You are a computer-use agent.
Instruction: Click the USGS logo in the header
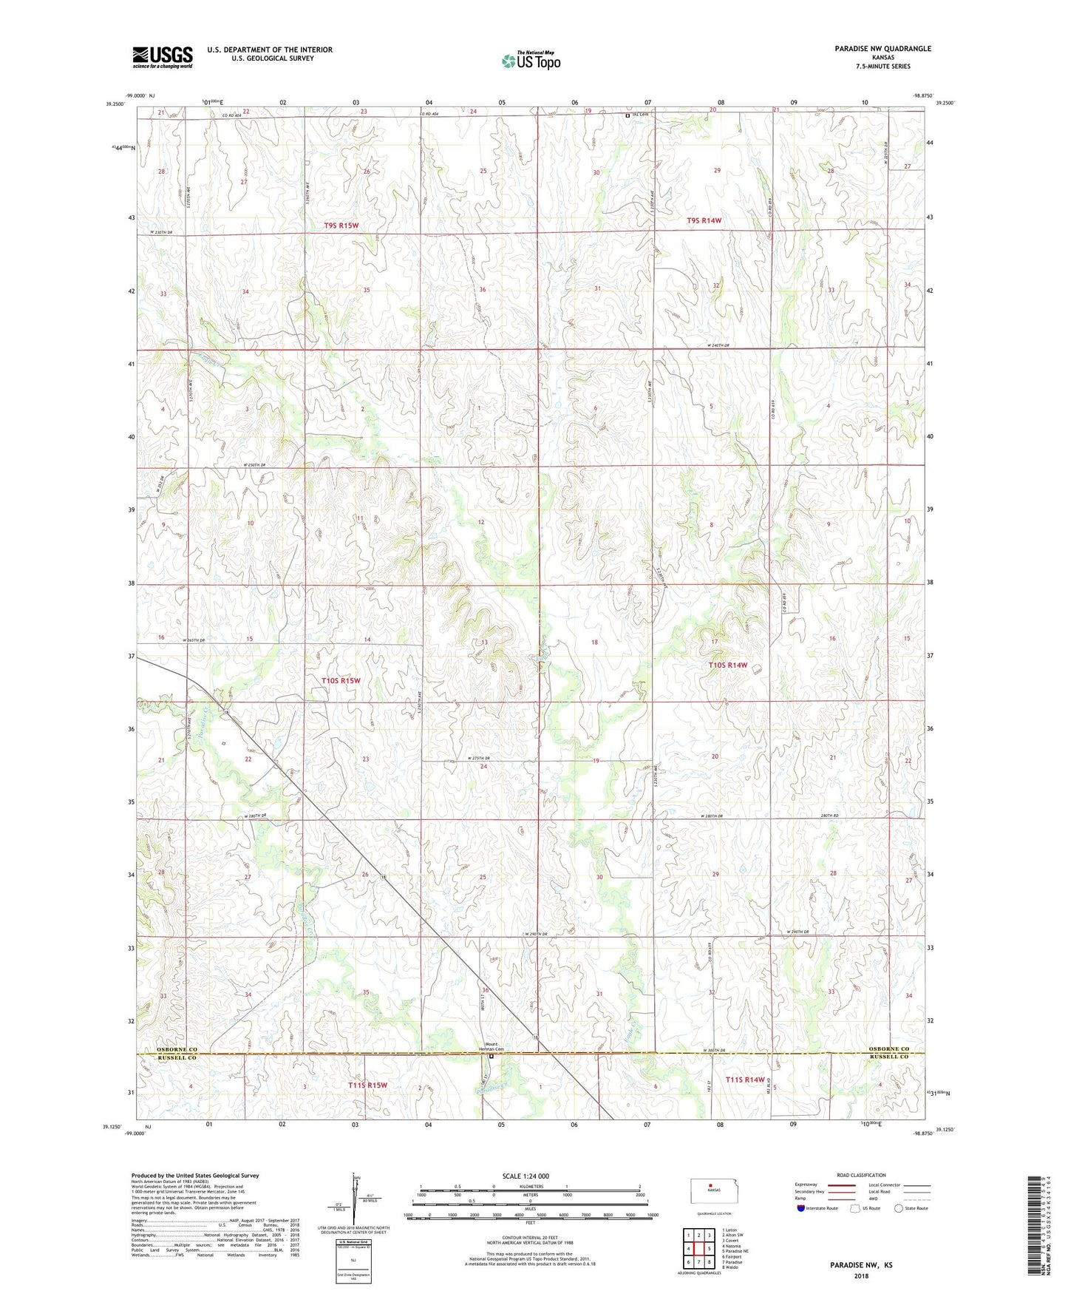(163, 57)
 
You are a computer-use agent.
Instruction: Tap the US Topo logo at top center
(530, 61)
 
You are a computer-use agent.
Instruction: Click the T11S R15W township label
(367, 1085)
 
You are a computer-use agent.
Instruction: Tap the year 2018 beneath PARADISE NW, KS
(861, 1275)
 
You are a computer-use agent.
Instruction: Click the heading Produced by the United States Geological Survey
(195, 1175)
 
